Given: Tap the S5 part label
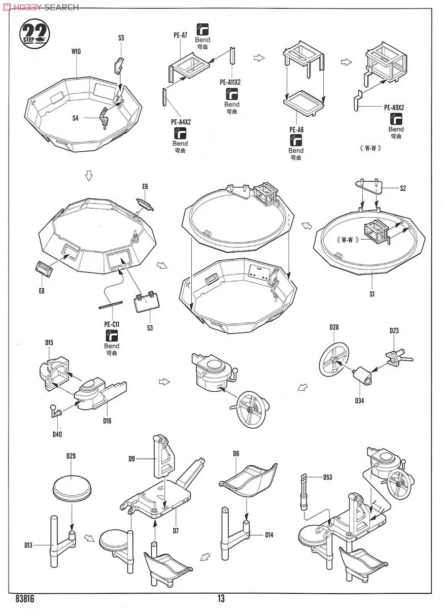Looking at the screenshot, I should (x=121, y=38).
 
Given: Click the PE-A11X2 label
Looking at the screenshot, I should (x=230, y=82).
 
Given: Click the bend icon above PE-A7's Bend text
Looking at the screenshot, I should (x=202, y=28).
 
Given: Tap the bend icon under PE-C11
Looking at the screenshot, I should (x=111, y=335).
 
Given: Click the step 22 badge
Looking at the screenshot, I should (x=36, y=34).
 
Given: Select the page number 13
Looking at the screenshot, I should (x=221, y=599).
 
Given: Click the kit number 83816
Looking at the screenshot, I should (x=25, y=599).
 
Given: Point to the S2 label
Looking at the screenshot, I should (x=403, y=188).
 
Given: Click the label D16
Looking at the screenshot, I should (x=107, y=421).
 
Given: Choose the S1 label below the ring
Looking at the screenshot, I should (x=372, y=294).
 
